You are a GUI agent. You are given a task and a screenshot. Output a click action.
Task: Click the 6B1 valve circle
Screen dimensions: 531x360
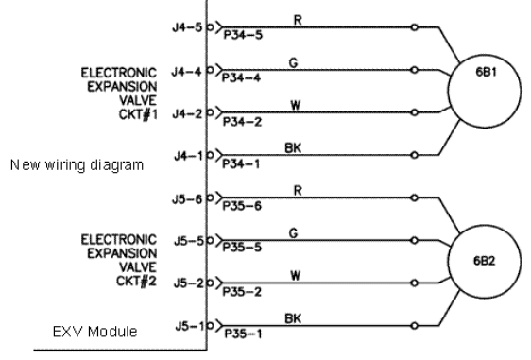pyautogui.click(x=449, y=92)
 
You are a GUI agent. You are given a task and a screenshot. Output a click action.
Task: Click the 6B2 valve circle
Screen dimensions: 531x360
pyautogui.click(x=449, y=262)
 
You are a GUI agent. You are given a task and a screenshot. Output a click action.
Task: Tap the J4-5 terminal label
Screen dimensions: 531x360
pyautogui.click(x=187, y=27)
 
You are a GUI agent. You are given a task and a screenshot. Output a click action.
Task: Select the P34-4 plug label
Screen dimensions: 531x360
pyautogui.click(x=241, y=77)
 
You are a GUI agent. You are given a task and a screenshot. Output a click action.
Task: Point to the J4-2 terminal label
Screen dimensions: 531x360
pyautogui.click(x=187, y=113)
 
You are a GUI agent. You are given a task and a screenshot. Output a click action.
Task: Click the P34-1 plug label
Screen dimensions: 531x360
pyautogui.click(x=241, y=163)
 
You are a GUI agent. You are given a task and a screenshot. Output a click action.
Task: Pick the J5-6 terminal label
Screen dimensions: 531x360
pyautogui.click(x=187, y=199)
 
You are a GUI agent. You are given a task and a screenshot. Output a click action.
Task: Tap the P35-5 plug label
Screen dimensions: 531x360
pyautogui.click(x=242, y=248)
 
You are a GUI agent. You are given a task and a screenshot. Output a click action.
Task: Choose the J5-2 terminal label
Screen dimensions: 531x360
pyautogui.click(x=189, y=283)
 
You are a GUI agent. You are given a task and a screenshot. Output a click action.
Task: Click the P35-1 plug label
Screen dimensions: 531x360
pyautogui.click(x=243, y=334)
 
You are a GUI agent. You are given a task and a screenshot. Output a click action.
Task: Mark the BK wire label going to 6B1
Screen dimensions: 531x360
pyautogui.click(x=293, y=148)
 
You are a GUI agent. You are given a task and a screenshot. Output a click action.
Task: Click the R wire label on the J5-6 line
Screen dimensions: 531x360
pyautogui.click(x=298, y=190)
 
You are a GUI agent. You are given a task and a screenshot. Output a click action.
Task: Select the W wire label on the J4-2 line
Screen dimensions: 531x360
pyautogui.click(x=296, y=105)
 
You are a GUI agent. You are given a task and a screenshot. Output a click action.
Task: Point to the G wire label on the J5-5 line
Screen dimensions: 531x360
pyautogui.click(x=294, y=233)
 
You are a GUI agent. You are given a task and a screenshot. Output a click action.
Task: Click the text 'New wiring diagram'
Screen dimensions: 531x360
pyautogui.click(x=77, y=165)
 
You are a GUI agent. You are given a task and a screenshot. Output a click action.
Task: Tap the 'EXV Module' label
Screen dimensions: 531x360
pyautogui.click(x=94, y=332)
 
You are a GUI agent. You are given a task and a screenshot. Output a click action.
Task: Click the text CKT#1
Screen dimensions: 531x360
pyautogui.click(x=138, y=114)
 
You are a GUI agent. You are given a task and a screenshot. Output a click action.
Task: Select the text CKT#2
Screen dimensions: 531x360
pyautogui.click(x=136, y=281)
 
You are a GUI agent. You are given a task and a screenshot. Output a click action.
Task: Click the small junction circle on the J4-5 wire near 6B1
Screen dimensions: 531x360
pyautogui.click(x=414, y=27)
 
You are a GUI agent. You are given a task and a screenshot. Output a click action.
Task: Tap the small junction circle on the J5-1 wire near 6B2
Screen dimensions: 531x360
pyautogui.click(x=414, y=326)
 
